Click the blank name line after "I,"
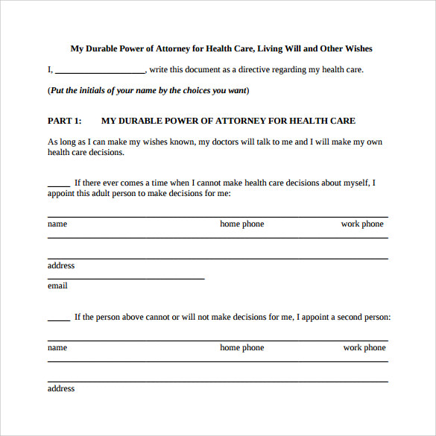pyautogui.click(x=100, y=72)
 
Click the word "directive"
pyautogui.click(x=235, y=70)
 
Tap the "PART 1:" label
pyautogui.click(x=64, y=121)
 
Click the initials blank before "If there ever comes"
pyautogui.click(x=59, y=184)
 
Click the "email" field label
pyautogui.click(x=57, y=285)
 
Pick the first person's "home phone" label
pyautogui.click(x=241, y=224)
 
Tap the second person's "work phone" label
pyautogui.click(x=364, y=347)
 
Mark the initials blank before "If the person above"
pyautogui.click(x=59, y=318)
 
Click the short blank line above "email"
pyautogui.click(x=126, y=277)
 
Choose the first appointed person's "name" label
pyautogui.click(x=57, y=224)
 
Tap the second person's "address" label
pyautogui.click(x=61, y=388)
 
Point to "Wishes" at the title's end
pyautogui.click(x=358, y=49)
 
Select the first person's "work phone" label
pyautogui.click(x=362, y=224)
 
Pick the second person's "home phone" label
pyautogui.click(x=241, y=347)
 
